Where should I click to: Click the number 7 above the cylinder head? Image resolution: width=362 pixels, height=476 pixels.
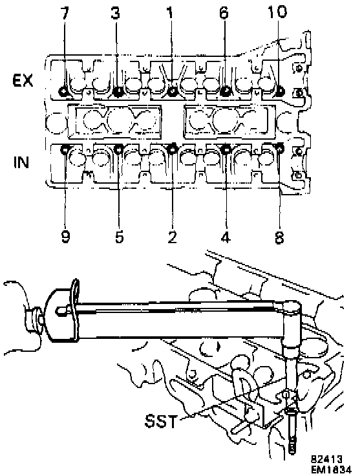(65, 13)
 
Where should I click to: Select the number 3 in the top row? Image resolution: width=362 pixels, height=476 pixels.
(115, 13)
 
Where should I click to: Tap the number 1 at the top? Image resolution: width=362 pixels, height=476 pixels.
(170, 13)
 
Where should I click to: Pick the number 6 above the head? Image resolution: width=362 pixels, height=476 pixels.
(223, 13)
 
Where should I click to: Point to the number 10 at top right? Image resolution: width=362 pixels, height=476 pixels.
(277, 12)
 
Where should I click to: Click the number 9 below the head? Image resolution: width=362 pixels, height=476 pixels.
(65, 236)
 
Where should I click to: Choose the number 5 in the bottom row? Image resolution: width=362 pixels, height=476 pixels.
(119, 236)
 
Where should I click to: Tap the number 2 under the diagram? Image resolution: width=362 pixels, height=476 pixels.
(172, 236)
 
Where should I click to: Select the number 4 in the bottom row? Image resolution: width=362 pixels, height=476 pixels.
(225, 236)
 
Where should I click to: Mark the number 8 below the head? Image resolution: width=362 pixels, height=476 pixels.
(279, 236)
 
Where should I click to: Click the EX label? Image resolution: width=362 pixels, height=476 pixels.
(23, 81)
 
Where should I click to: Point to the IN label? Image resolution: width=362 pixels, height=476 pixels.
(21, 162)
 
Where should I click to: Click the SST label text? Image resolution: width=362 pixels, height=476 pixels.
(160, 422)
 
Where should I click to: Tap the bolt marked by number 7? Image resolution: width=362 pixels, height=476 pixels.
(64, 91)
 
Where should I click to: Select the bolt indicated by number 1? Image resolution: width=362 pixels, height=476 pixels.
(173, 91)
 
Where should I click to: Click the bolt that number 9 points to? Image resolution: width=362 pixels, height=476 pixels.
(65, 149)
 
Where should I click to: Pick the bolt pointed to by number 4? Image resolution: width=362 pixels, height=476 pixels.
(226, 149)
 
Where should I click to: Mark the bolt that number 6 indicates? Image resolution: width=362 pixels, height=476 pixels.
(225, 91)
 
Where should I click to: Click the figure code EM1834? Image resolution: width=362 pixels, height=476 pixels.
(331, 470)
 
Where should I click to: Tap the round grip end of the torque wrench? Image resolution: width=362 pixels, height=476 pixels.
(61, 316)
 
